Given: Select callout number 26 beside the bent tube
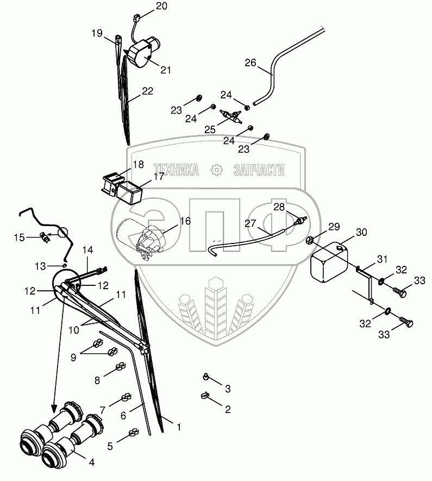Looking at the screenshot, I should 250,63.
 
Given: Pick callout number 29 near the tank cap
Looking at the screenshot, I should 333,226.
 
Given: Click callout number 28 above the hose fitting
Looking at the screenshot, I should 279,207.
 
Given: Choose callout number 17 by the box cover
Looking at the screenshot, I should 158,177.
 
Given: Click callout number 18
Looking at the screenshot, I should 138,164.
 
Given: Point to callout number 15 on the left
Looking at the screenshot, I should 20,237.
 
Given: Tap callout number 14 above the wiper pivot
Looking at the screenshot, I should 88,249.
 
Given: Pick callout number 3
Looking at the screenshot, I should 228,389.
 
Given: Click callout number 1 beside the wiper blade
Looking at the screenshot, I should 179,428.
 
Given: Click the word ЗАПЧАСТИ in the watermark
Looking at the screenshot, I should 259,170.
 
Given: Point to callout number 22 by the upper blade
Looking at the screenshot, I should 148,91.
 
